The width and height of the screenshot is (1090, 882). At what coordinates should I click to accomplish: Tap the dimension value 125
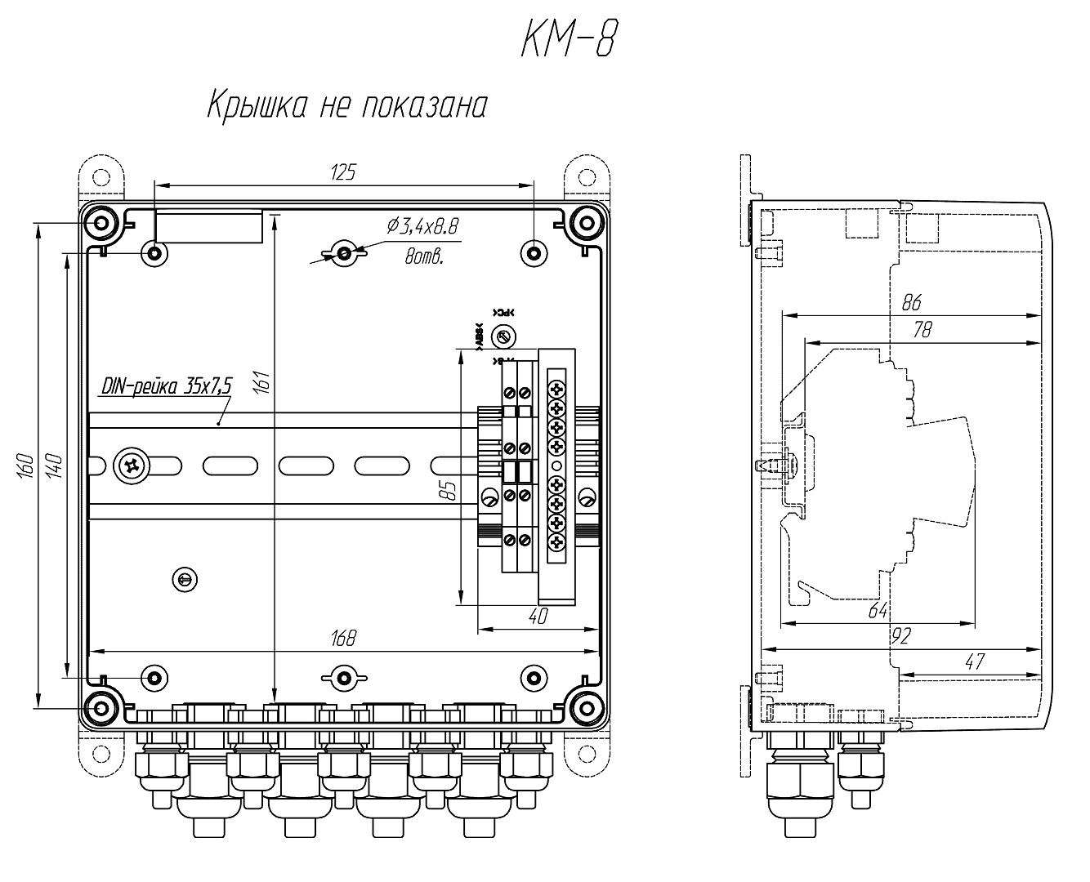coord(344,172)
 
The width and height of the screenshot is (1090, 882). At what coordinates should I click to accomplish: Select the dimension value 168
coord(344,639)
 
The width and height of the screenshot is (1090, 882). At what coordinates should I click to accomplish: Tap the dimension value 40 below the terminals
coord(537,617)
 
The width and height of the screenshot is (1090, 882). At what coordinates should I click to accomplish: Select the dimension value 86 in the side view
coord(911,303)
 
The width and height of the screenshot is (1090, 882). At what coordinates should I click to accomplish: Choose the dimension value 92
coord(901,636)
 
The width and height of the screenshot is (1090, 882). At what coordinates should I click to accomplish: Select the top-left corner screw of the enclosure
coord(101,222)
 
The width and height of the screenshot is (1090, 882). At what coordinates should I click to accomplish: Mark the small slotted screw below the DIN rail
coord(185,579)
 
